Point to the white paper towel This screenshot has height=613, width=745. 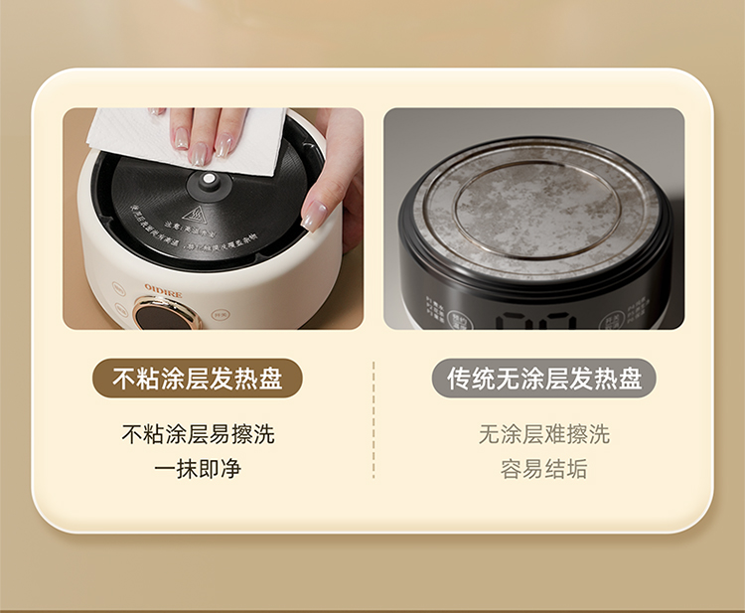(x=189, y=139)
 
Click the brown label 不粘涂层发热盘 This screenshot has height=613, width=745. (x=197, y=379)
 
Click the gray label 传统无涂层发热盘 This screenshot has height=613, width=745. (x=544, y=379)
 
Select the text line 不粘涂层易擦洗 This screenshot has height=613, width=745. (x=198, y=434)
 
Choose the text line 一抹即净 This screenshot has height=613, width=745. (x=198, y=469)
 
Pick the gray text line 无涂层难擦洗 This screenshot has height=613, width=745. (x=544, y=434)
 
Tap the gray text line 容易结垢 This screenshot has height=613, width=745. (x=544, y=469)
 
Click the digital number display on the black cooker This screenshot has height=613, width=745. (x=535, y=320)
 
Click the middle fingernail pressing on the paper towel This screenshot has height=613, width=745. (x=202, y=152)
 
